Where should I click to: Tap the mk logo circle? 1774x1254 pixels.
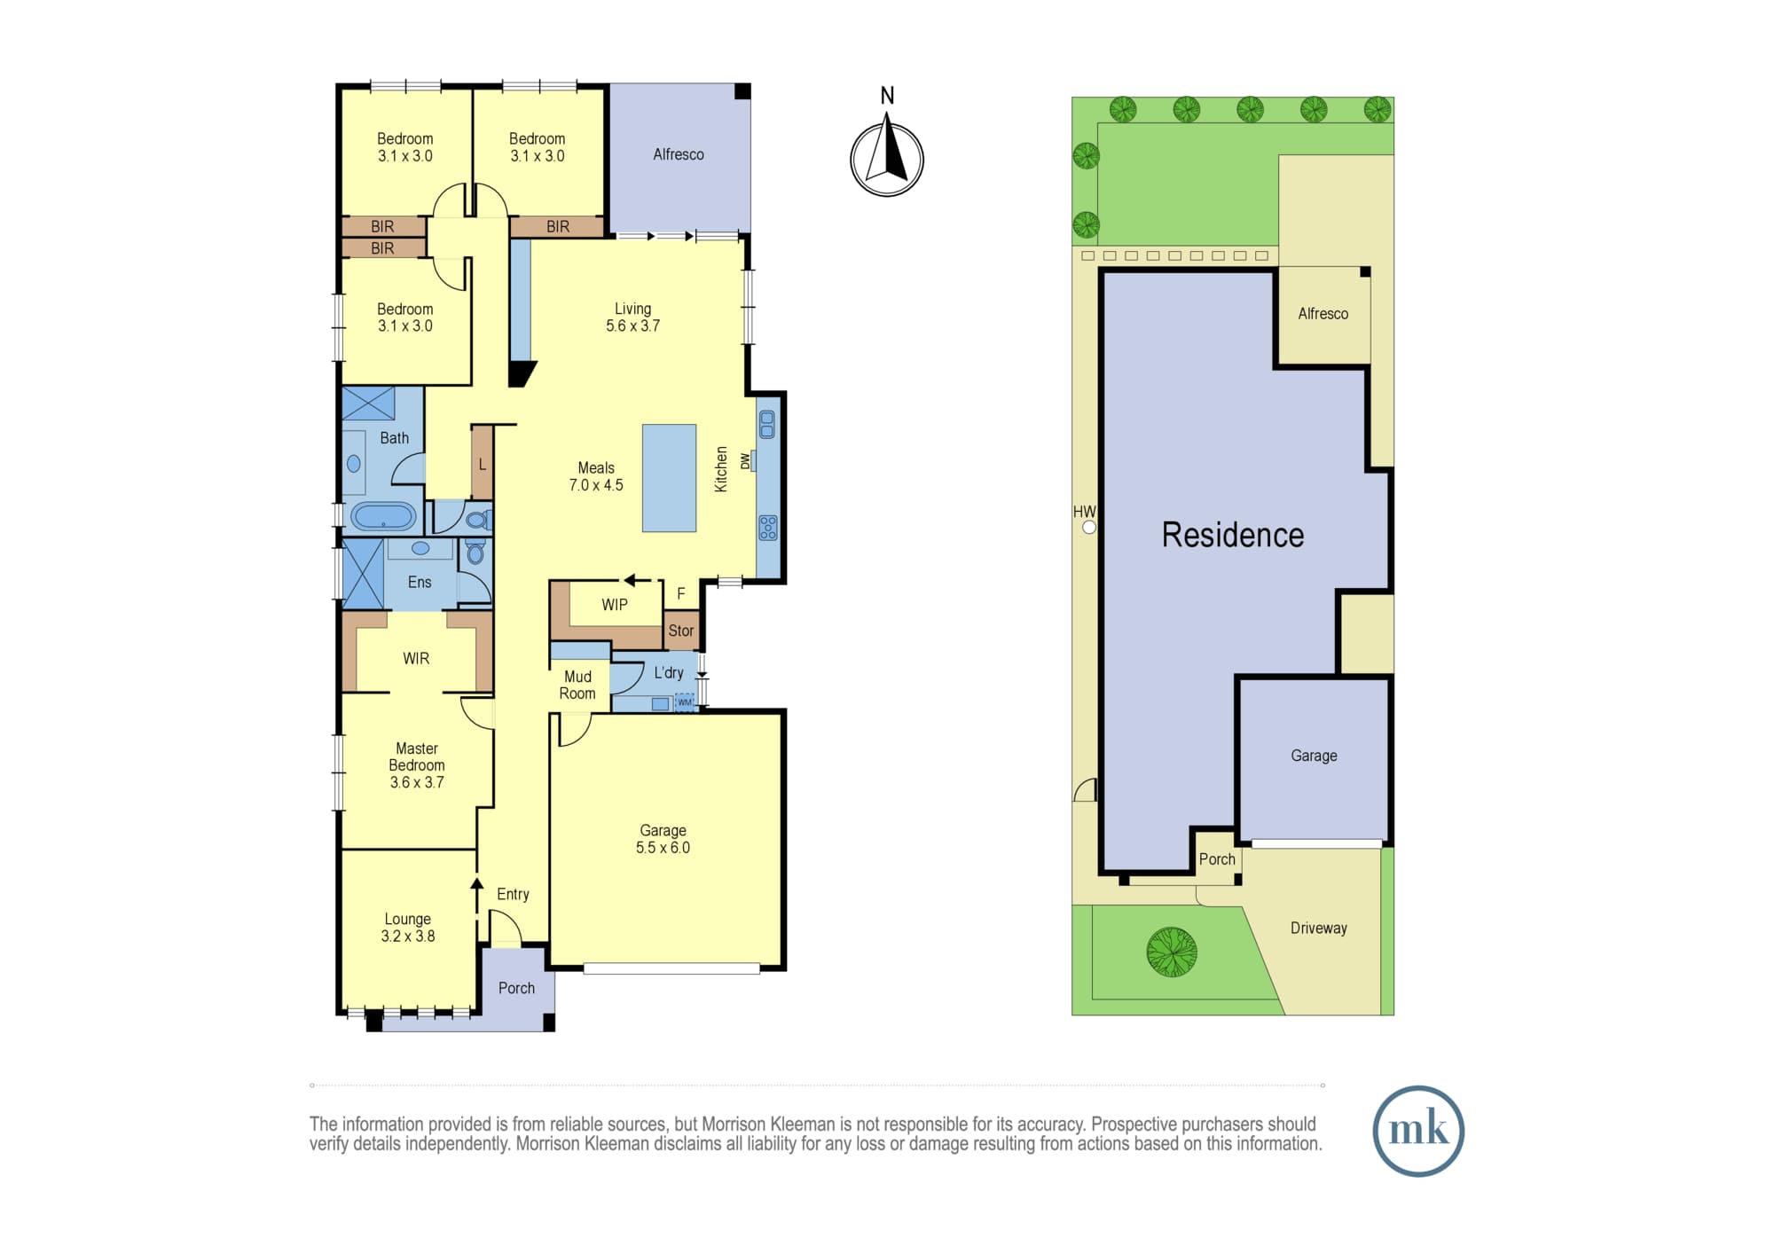click(x=1418, y=1131)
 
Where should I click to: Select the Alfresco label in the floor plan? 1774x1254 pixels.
click(x=679, y=154)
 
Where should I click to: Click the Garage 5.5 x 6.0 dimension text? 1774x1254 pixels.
click(x=663, y=848)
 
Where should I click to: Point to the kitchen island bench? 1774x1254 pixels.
click(x=670, y=478)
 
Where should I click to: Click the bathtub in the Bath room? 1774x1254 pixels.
click(x=383, y=516)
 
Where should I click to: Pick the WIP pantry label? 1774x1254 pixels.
click(x=615, y=605)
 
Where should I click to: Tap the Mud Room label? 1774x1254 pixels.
click(x=577, y=685)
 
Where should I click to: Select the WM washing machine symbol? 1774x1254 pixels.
click(x=685, y=702)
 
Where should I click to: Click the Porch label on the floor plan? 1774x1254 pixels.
click(x=516, y=988)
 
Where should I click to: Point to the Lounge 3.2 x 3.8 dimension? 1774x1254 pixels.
click(x=408, y=937)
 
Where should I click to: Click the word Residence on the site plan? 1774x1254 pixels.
click(x=1233, y=535)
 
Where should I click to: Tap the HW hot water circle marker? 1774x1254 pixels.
click(x=1089, y=527)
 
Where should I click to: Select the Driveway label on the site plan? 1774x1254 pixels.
click(x=1319, y=928)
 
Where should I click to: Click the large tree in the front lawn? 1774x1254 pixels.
click(x=1172, y=952)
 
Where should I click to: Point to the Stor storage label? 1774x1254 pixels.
click(x=681, y=631)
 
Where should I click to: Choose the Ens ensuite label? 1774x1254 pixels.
click(x=420, y=582)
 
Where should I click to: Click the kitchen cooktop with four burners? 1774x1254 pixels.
click(x=768, y=528)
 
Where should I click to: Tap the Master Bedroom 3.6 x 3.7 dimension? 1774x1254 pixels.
click(x=417, y=782)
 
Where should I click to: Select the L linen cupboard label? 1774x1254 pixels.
click(x=483, y=464)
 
